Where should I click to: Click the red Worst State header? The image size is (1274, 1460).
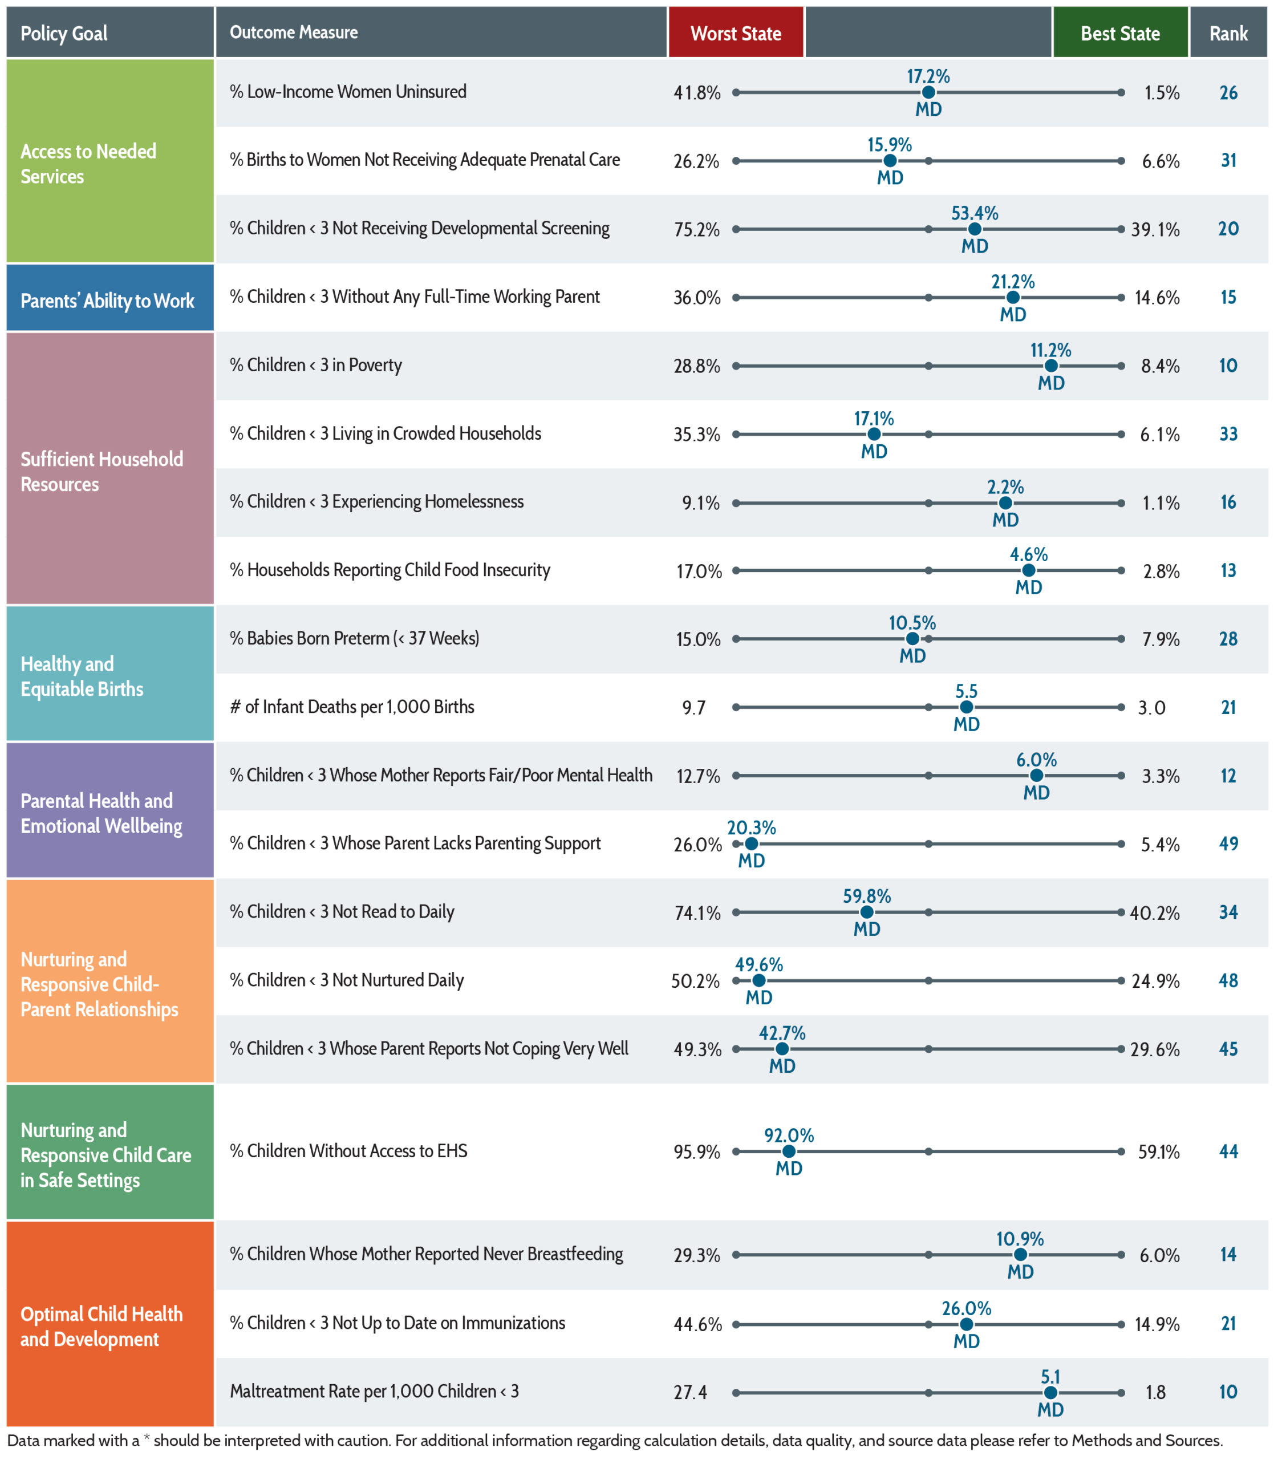point(736,33)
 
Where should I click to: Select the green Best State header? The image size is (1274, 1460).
point(1121,33)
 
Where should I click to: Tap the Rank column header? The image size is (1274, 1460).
point(1228,33)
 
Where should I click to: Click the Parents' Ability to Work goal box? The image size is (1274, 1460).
point(110,298)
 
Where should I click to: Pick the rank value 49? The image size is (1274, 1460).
point(1228,843)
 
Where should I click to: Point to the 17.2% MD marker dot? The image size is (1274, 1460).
point(928,92)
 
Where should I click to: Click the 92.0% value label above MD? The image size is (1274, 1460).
point(789,1135)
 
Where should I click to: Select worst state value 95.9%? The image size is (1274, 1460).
point(697,1151)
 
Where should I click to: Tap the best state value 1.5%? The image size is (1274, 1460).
point(1162,93)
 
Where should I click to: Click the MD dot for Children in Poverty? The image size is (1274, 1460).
point(1051,366)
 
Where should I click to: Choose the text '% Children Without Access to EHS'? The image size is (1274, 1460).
point(348,1151)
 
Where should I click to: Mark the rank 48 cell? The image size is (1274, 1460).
point(1228,981)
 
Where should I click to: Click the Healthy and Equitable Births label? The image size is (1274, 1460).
point(82,676)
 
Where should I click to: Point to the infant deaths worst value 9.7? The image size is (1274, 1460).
point(694,708)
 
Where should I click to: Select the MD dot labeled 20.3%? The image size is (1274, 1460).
point(752,843)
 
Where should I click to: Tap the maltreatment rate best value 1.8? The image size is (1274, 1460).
point(1155,1393)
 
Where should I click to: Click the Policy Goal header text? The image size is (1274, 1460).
point(64,34)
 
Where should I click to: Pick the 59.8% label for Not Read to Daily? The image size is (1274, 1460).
point(867,897)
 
